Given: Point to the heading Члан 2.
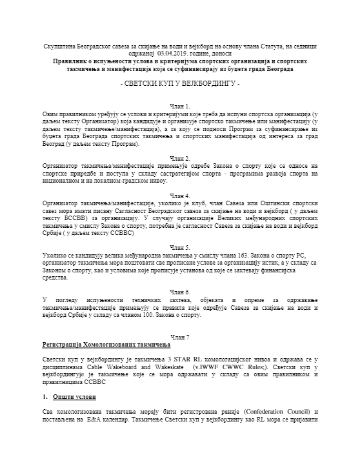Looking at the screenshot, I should coord(179,157).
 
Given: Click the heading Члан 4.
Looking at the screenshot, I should coord(179,195).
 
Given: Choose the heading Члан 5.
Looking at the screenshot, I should coord(179,247).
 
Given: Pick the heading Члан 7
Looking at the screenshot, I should coord(179,338).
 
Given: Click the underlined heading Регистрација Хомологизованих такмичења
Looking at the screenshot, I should coord(103,345).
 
